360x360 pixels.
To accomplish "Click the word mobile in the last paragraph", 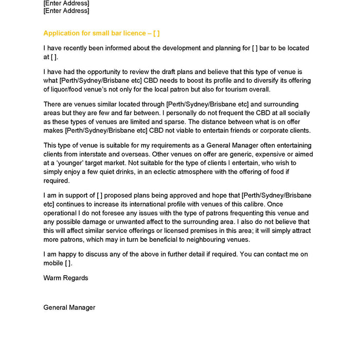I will coord(53,263).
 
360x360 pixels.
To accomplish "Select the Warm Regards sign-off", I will coord(66,278).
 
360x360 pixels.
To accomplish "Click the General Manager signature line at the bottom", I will coord(69,307).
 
